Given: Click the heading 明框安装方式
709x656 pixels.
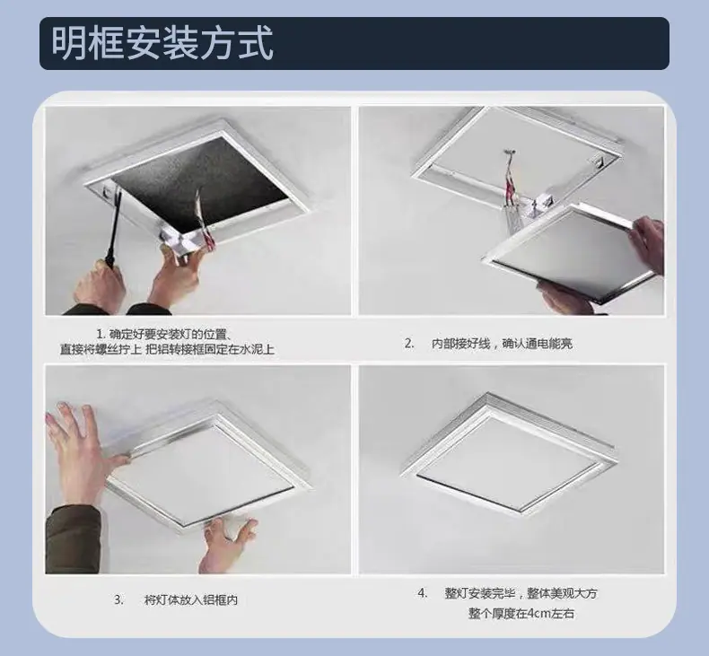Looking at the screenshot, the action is click(x=162, y=43).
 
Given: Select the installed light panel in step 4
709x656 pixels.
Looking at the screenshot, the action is click(x=508, y=454).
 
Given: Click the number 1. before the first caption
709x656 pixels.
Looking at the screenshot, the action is click(x=101, y=335).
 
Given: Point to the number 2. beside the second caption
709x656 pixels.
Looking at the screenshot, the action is click(x=409, y=344).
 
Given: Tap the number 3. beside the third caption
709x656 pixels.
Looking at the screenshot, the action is click(x=118, y=600).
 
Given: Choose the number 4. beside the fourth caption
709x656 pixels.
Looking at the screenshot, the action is click(x=423, y=593).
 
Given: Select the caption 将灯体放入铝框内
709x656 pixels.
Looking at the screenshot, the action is click(x=191, y=600).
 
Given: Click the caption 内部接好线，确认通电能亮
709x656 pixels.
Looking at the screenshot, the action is click(x=502, y=344).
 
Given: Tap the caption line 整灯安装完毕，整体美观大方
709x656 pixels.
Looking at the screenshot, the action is click(x=521, y=593).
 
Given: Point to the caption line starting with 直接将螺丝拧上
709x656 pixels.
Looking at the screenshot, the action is click(x=167, y=349).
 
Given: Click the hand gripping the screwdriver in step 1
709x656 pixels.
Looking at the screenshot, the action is click(x=100, y=284).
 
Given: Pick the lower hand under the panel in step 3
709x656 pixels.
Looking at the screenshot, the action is click(x=227, y=546).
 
